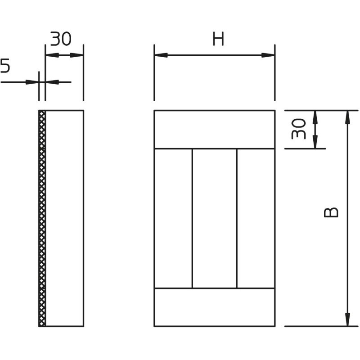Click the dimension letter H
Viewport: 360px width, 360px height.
tap(218, 39)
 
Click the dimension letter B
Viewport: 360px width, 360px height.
tap(331, 212)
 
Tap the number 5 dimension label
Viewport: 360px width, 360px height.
tap(5, 65)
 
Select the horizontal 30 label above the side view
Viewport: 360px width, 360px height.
tap(61, 39)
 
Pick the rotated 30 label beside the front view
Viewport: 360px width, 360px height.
tap(298, 129)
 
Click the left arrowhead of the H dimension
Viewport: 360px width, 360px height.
tap(161, 55)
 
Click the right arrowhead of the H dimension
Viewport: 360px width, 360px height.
tap(268, 55)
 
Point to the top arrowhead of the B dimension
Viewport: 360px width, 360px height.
tap(348, 117)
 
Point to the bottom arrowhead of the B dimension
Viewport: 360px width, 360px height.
tap(348, 319)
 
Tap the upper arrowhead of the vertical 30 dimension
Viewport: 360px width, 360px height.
tap(315, 117)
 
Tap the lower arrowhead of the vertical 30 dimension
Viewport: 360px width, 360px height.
tap(315, 142)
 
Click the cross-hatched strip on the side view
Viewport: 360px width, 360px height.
tap(42, 218)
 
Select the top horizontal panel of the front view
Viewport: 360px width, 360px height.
tap(215, 130)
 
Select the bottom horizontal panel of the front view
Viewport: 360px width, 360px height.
tap(215, 307)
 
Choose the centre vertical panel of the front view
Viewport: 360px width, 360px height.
tap(215, 218)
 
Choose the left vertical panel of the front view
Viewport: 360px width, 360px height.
tap(173, 218)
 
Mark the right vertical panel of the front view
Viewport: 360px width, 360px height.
tap(256, 218)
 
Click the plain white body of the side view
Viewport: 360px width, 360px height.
tap(64, 218)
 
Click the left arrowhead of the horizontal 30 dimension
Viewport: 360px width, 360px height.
tap(52, 55)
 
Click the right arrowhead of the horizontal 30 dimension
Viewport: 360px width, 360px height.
tap(76, 55)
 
